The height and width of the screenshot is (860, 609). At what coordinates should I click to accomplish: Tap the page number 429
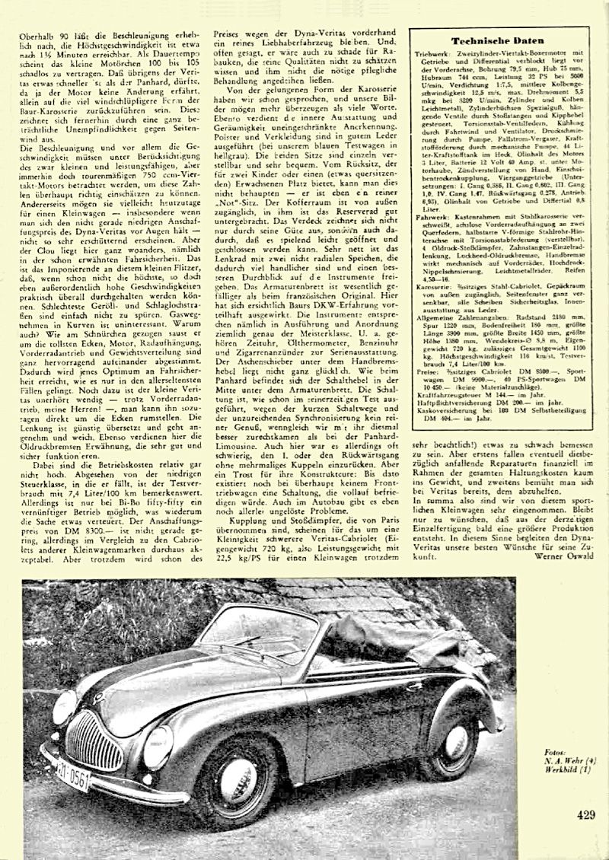[x=585, y=815]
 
